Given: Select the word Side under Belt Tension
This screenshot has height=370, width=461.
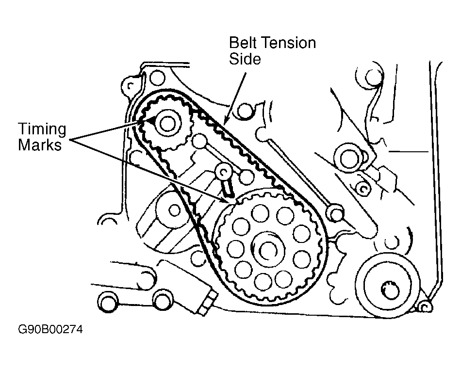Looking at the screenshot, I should click(x=245, y=59).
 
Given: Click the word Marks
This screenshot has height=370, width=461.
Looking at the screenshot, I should click(x=40, y=145).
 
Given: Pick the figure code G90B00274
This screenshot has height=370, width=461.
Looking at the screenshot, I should click(x=50, y=330).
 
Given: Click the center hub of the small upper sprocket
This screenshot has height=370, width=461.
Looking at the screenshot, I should click(x=166, y=124).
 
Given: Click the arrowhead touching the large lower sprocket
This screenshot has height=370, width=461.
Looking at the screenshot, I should click(x=232, y=200).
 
